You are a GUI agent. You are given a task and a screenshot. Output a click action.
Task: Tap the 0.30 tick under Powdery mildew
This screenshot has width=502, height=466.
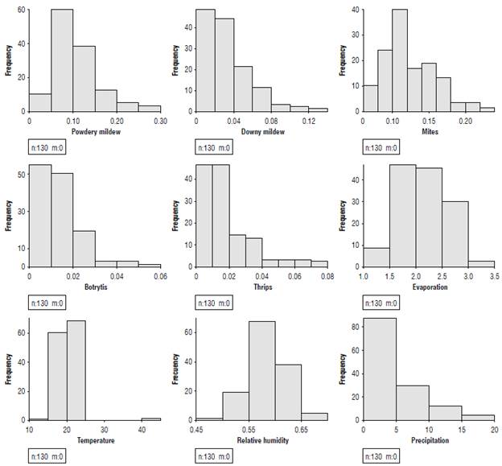(x=160, y=120)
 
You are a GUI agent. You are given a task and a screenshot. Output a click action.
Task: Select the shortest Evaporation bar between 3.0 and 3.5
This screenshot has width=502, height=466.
(x=481, y=262)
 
